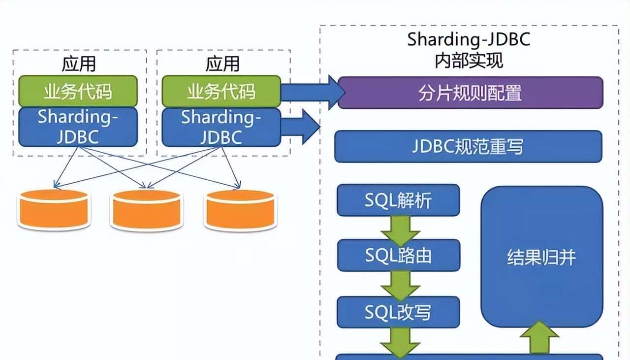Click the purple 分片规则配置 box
[470, 93]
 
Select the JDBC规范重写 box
[468, 146]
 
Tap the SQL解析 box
[398, 200]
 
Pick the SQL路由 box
[398, 256]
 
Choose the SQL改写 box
[398, 312]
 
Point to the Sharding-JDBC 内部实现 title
[469, 50]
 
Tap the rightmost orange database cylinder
[240, 209]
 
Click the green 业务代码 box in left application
[78, 91]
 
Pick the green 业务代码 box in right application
[221, 91]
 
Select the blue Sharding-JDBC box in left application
[78, 127]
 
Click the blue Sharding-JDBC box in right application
[221, 127]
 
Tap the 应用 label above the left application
[79, 64]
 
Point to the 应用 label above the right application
[222, 64]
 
